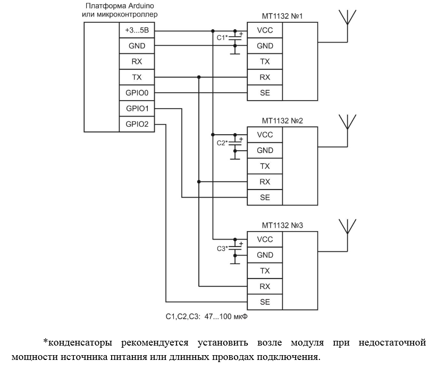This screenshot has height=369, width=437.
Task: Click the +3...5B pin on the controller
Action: pos(137,30)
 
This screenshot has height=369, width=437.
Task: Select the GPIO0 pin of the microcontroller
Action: pos(137,93)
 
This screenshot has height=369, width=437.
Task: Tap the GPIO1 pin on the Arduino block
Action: pos(137,109)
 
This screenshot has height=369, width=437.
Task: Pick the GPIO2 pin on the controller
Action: pos(137,124)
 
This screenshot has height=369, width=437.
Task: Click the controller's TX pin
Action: pos(137,77)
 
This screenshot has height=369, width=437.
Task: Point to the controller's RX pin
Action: pos(137,62)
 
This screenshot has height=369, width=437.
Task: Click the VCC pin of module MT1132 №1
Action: pos(264,30)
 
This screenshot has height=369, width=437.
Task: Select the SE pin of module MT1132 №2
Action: pos(264,197)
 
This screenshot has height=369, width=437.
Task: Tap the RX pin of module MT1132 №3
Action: pos(264,286)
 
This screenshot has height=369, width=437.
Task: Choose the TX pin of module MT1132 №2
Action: pos(264,166)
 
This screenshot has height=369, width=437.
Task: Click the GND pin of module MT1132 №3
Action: pos(264,255)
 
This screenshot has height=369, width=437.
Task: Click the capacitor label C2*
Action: pos(222,143)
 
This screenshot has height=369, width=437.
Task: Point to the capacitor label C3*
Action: pos(222,248)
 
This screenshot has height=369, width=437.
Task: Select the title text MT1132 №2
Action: pos(282,120)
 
